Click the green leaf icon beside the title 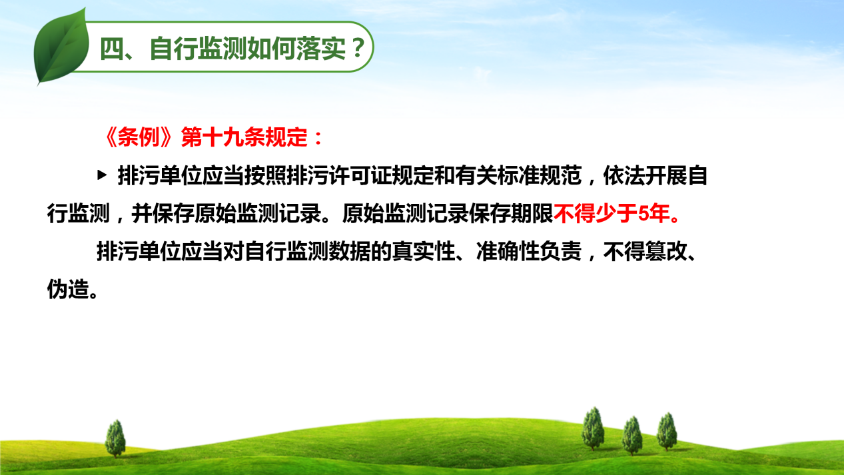pyautogui.click(x=61, y=46)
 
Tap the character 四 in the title pyautogui.click(x=112, y=49)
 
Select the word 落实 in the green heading pyautogui.click(x=320, y=49)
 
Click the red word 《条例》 pyautogui.click(x=138, y=137)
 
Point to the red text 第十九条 pyautogui.click(x=222, y=137)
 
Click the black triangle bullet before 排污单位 pyautogui.click(x=102, y=175)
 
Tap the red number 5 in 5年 pyautogui.click(x=644, y=214)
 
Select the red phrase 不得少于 pyautogui.click(x=596, y=214)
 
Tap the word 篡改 pyautogui.click(x=666, y=252)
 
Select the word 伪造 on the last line pyautogui.click(x=68, y=289)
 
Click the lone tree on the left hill pyautogui.click(x=115, y=438)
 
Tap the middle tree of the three pyautogui.click(x=632, y=436)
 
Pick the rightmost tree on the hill pyautogui.click(x=667, y=432)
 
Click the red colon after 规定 pyautogui.click(x=318, y=138)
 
